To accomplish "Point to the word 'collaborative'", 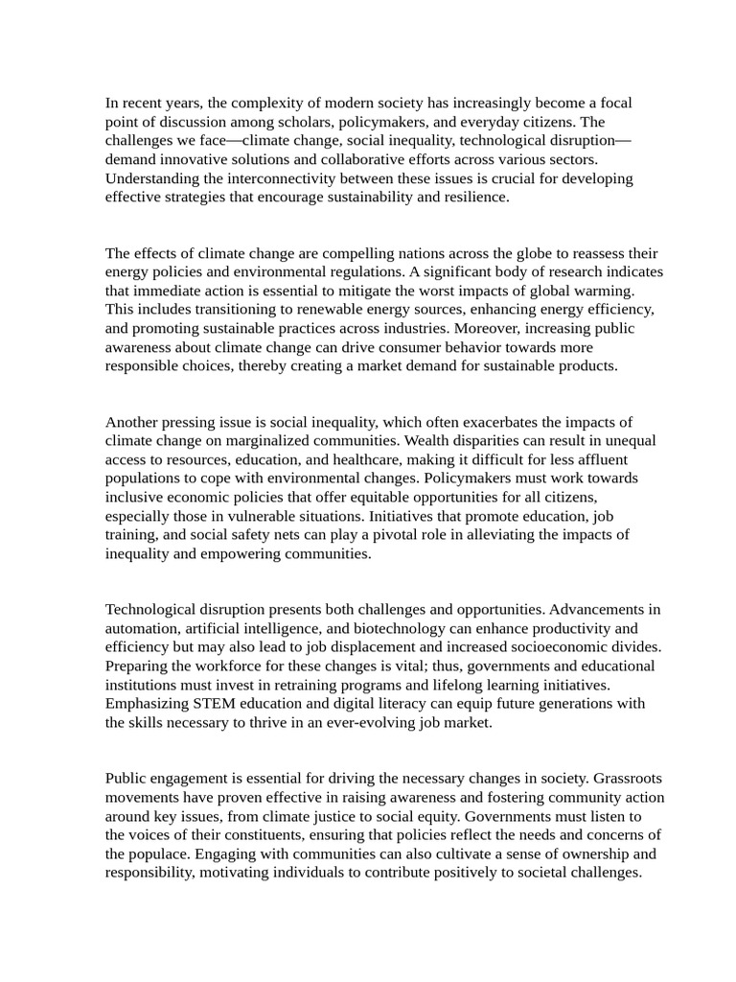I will (x=347, y=159).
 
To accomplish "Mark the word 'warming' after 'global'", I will (x=605, y=291).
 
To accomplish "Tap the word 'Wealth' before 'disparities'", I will (x=428, y=441).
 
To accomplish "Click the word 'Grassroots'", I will (x=628, y=779).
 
